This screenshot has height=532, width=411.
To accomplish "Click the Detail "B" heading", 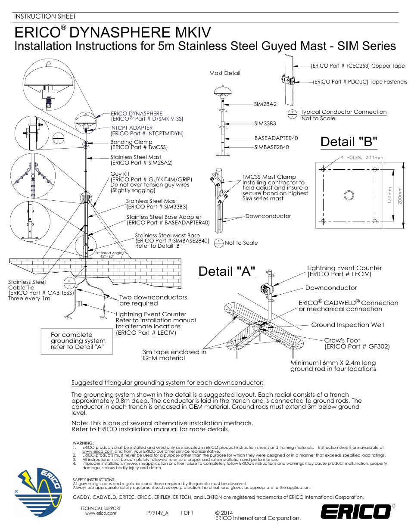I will pos(349,142).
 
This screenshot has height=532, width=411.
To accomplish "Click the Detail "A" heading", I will pos(227,272).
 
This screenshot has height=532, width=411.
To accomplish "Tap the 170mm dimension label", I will pos(389,195).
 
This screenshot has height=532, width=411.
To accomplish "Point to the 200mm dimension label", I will pos(400,196).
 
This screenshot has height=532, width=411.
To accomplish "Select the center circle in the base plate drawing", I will pos(349,195).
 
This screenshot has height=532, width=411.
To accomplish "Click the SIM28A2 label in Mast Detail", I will pos(265,104).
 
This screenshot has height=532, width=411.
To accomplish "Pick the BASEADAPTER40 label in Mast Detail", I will pos(276,138).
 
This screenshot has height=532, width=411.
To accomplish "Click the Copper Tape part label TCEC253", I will pos(358,66).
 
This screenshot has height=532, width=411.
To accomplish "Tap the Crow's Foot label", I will pos(342,340).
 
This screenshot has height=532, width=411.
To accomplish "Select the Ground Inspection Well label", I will pos(347,325).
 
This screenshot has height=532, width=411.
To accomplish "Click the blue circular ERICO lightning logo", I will pos(38,492).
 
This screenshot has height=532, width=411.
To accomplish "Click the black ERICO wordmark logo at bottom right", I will pos(356,511).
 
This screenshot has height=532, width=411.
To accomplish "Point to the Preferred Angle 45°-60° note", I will pos(108,255).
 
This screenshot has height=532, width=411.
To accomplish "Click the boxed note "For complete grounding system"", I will pos(77,341).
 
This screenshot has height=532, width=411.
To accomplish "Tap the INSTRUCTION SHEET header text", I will pos(45,16).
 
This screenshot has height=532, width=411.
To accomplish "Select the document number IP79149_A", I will pos(157,513).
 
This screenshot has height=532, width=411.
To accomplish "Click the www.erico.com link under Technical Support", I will pos(100,513).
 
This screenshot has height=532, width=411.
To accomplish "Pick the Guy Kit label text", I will pos(120,174).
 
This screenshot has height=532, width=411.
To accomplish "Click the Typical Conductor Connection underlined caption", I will pos(343,112).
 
